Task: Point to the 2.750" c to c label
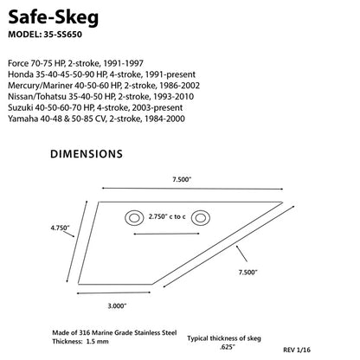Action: tap(167, 216)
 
